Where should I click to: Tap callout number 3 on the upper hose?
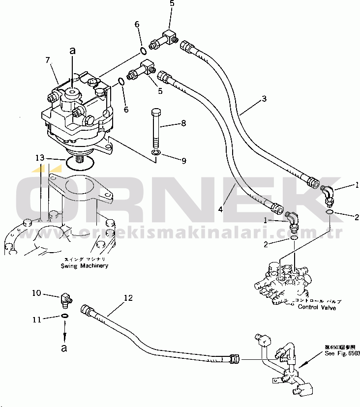[264, 98]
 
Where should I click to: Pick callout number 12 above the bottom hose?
[128, 297]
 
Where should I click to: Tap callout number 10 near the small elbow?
[36, 293]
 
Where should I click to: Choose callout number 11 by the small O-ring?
[36, 320]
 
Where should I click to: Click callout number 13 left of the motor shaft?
[39, 158]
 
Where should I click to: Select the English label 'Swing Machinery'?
[84, 266]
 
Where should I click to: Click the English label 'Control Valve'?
[317, 308]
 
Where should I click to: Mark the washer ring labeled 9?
[156, 155]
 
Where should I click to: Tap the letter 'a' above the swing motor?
[73, 50]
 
